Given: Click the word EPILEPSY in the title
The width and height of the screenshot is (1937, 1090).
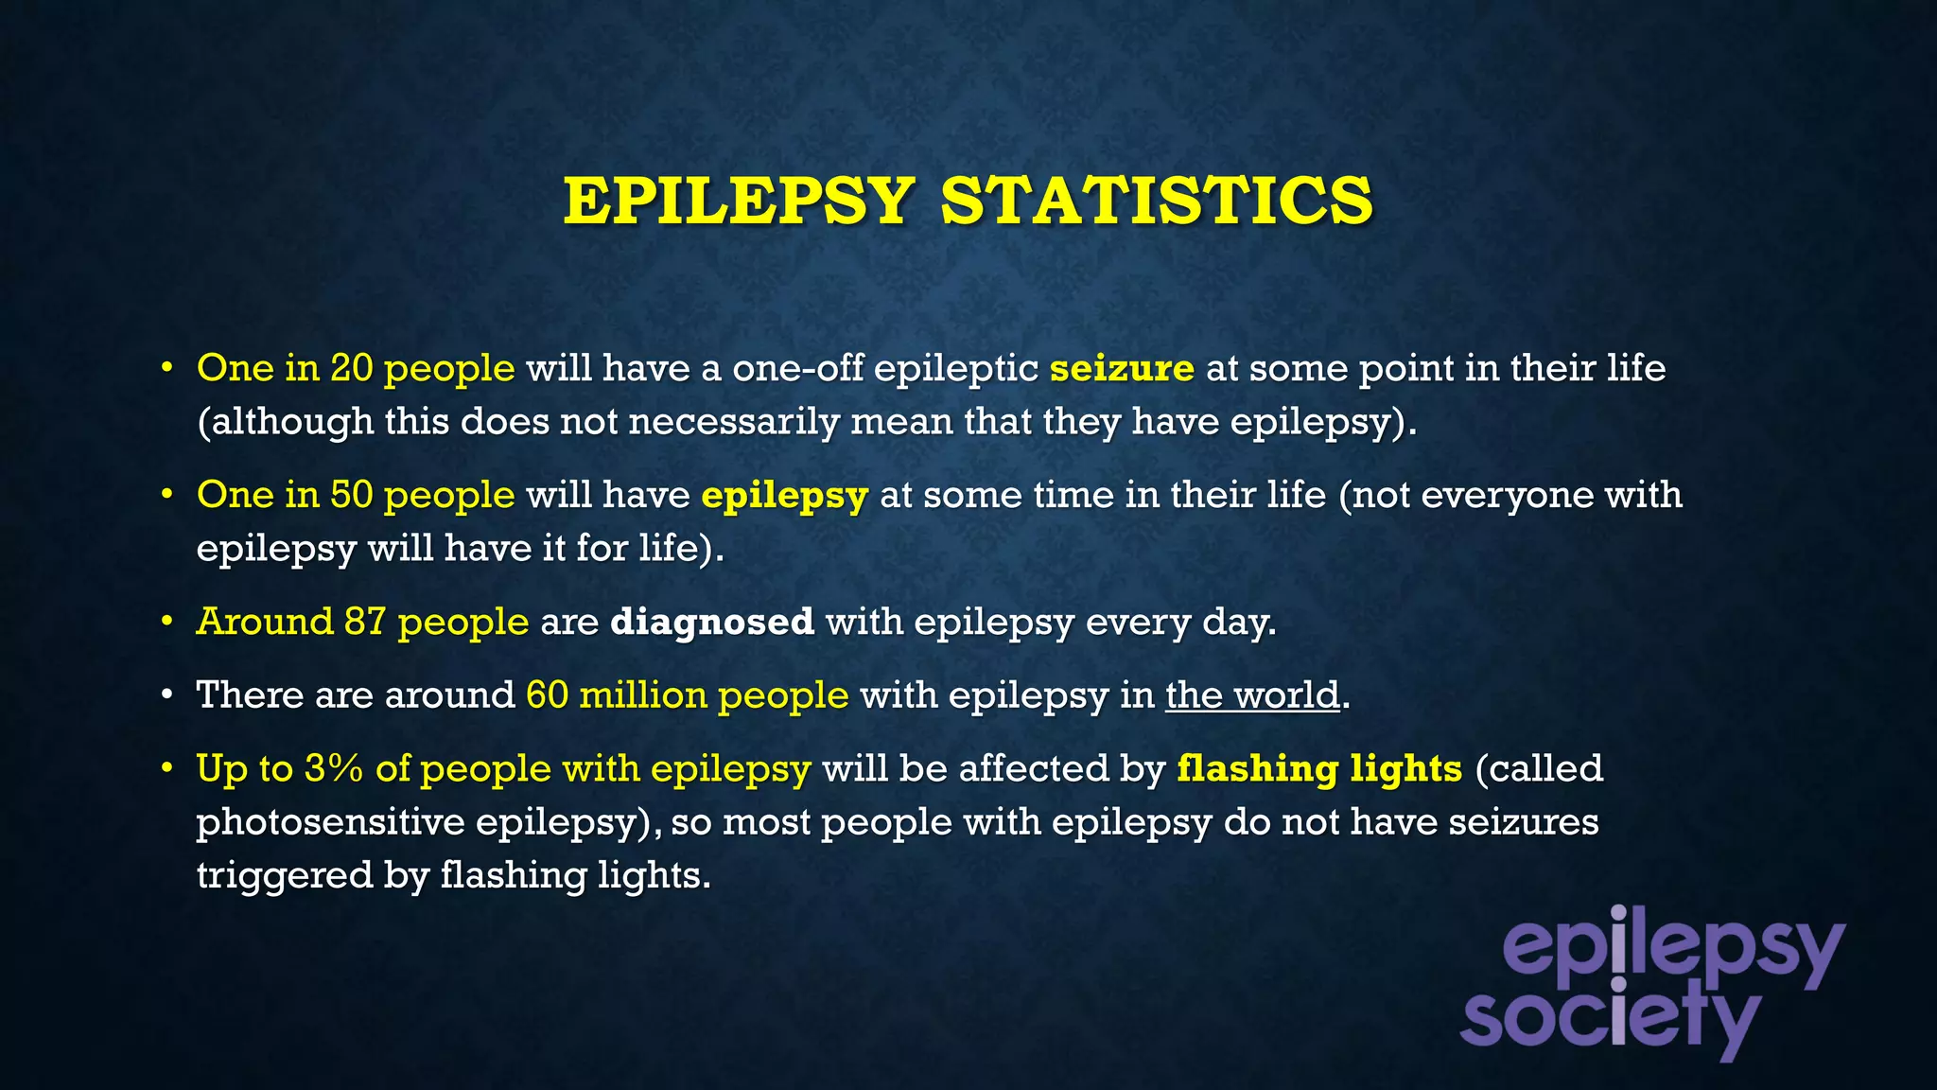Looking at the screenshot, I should click(x=739, y=201).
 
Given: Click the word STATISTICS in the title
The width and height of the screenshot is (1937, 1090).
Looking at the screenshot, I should click(x=1156, y=201).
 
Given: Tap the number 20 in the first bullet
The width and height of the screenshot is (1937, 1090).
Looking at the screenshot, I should click(x=351, y=368).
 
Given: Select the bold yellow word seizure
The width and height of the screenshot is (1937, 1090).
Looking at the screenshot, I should click(x=1122, y=368).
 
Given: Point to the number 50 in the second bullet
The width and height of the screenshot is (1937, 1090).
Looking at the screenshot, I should click(x=351, y=495).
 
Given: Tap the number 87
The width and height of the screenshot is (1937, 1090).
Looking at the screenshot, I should click(x=365, y=622).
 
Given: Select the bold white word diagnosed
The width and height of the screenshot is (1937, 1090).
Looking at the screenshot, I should click(x=711, y=623).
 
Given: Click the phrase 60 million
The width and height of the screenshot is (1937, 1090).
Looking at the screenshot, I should click(x=616, y=695).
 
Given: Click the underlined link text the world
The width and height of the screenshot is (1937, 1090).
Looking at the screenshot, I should click(x=1251, y=695).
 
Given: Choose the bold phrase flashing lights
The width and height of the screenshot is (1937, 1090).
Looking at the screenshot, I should click(x=1318, y=769).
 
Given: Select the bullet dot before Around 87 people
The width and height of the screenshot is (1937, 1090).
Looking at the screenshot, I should click(x=166, y=623).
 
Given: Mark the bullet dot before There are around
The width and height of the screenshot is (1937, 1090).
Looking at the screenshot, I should click(x=166, y=696).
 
